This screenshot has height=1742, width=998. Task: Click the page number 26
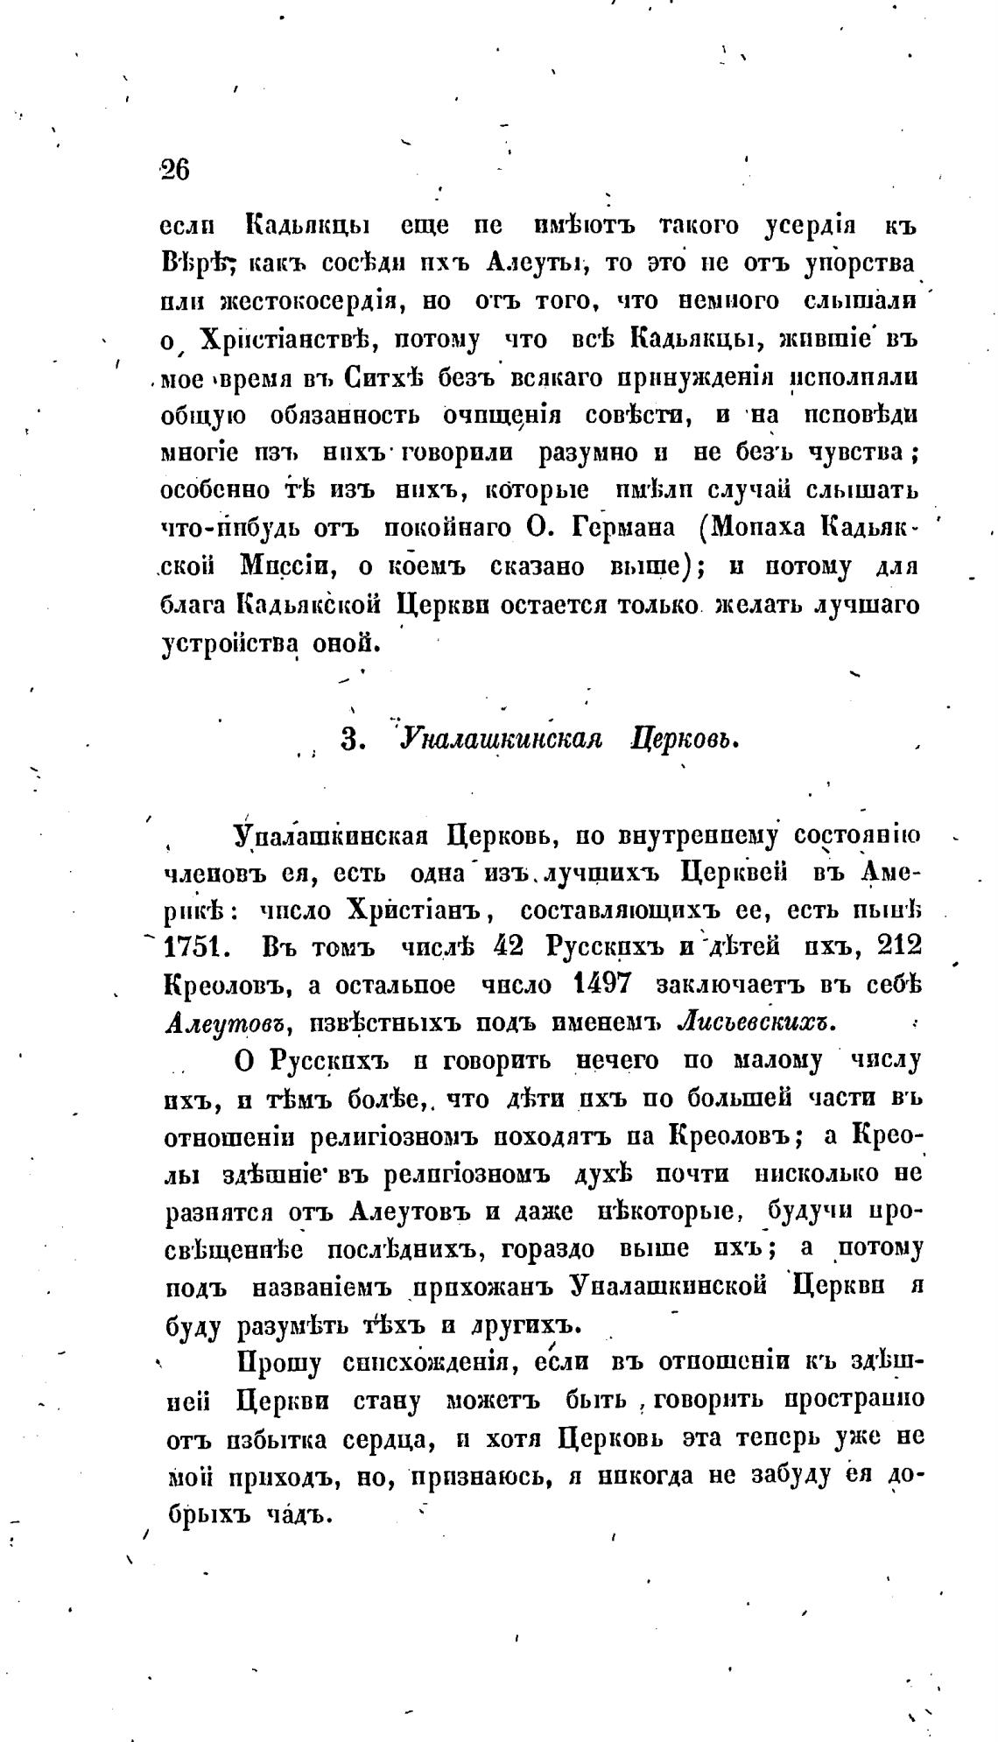(x=175, y=169)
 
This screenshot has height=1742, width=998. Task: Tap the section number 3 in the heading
(x=350, y=740)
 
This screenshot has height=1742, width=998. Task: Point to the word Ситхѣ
(x=380, y=377)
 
